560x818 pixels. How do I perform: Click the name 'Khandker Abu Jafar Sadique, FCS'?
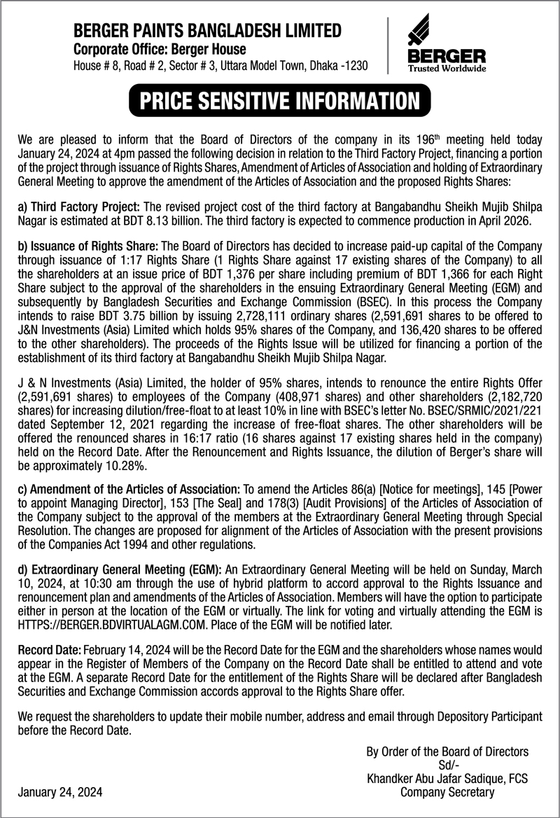pyautogui.click(x=447, y=779)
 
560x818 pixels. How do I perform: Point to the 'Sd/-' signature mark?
pyautogui.click(x=447, y=765)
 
